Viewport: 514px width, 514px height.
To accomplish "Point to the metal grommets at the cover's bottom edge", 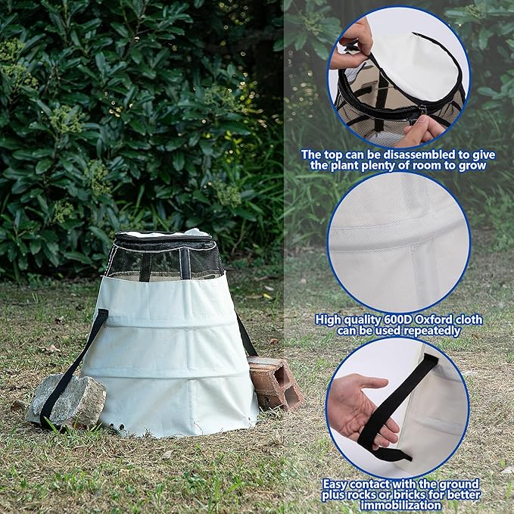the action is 117,426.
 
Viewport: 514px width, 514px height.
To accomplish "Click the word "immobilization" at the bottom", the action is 400,505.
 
